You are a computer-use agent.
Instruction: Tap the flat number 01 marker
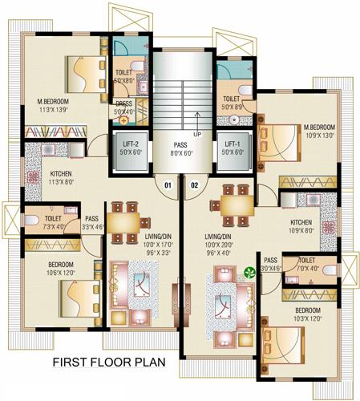[168, 186]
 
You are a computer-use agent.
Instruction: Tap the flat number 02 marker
[193, 186]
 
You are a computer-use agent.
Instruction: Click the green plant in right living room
[250, 273]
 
